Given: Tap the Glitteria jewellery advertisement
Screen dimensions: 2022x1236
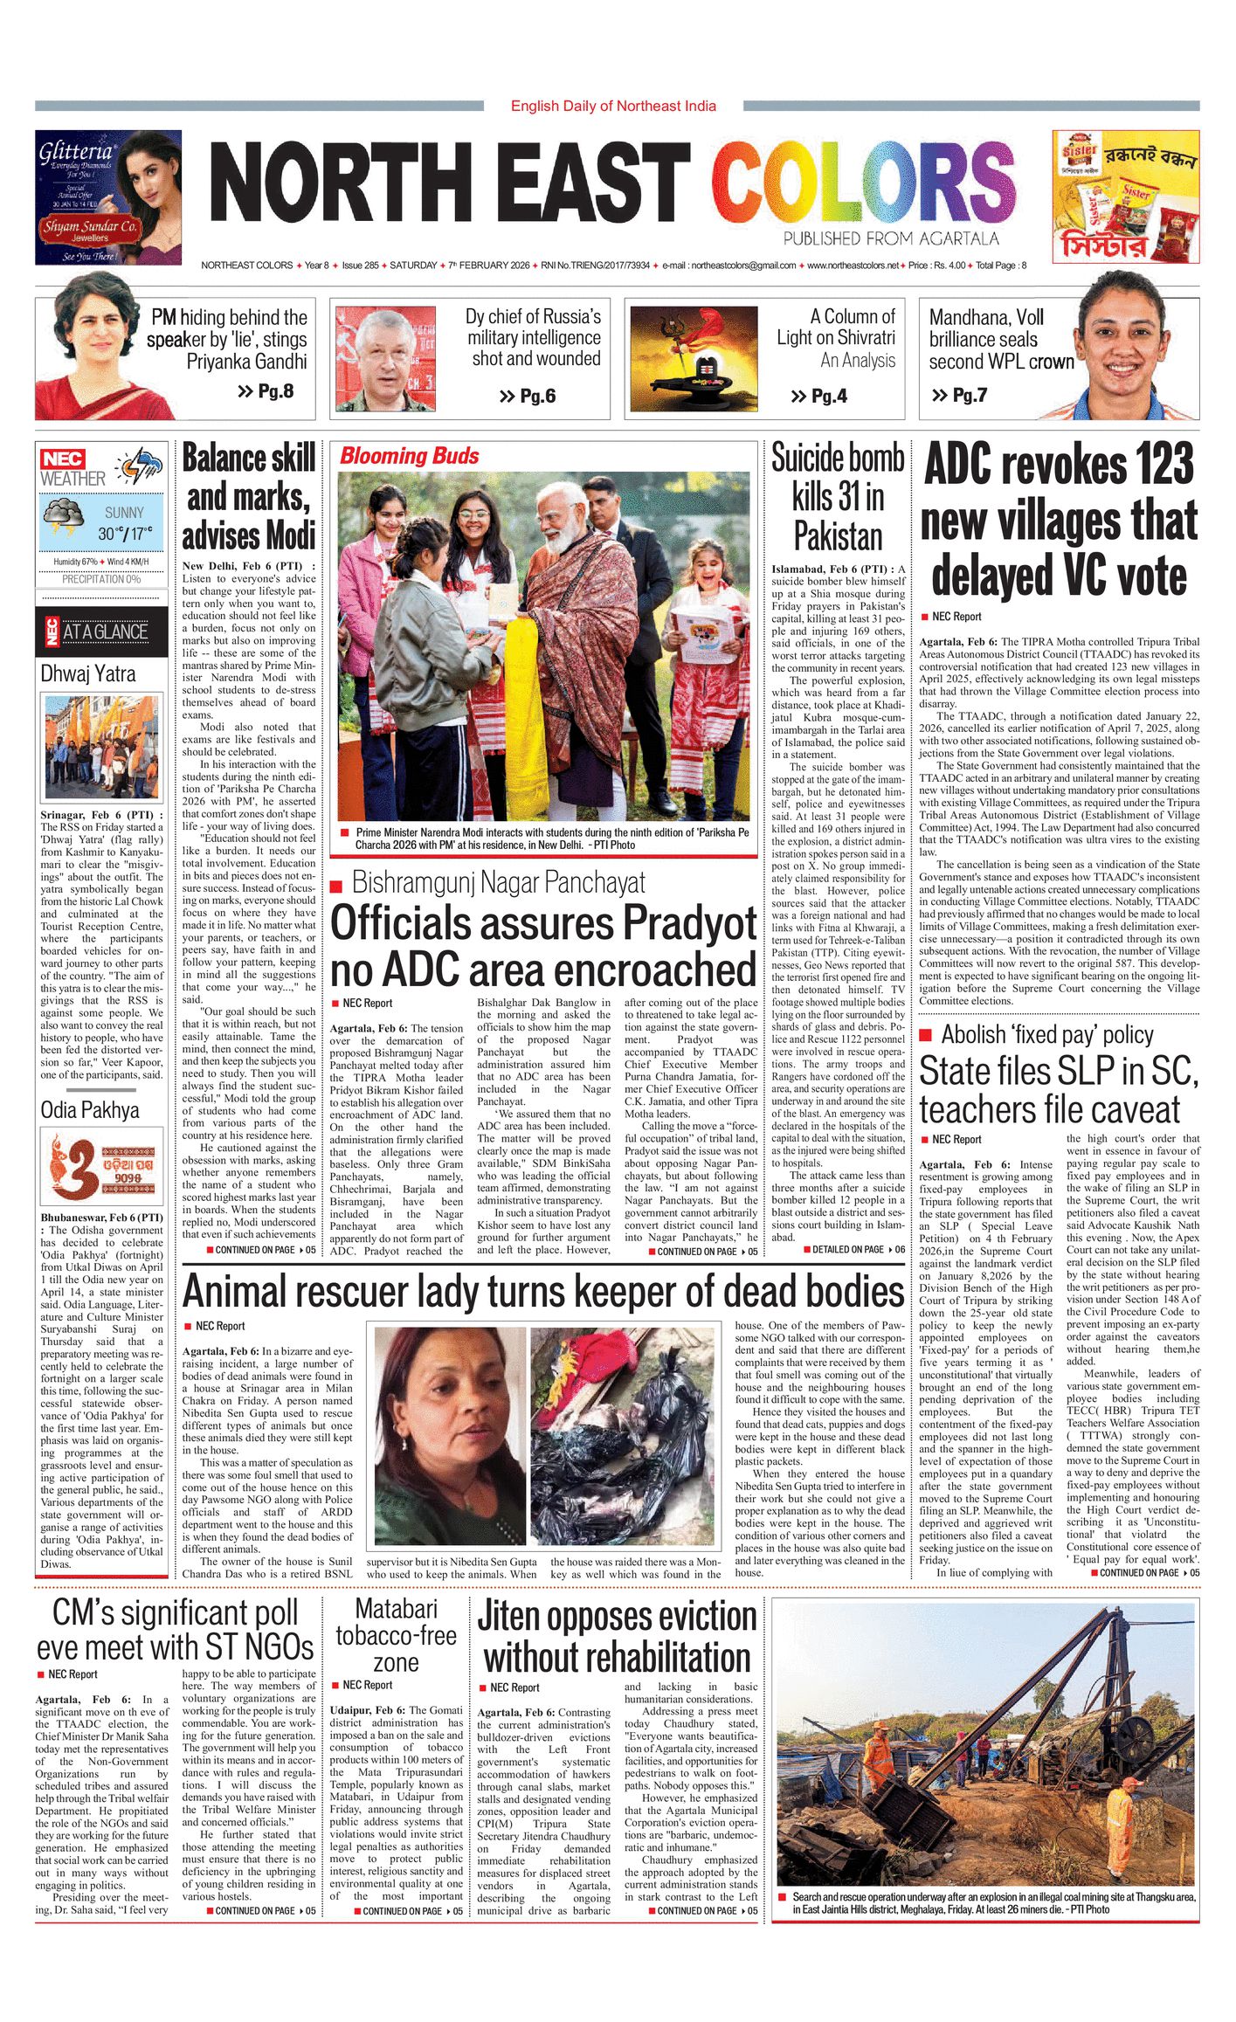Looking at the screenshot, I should tap(108, 197).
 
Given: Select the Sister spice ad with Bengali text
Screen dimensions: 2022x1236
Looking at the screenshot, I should tap(1125, 197).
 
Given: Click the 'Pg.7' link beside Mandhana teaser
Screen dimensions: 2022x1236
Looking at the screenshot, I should tap(960, 395).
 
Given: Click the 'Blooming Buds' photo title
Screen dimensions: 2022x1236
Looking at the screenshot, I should tap(409, 456).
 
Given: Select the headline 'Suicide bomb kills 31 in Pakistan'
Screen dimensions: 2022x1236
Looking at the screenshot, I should tap(838, 496).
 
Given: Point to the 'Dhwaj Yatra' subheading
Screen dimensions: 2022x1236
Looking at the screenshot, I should tap(88, 673).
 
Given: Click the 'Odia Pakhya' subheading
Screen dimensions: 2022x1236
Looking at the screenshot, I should tap(90, 1110).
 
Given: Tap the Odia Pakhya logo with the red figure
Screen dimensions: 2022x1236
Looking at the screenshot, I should tap(102, 1165).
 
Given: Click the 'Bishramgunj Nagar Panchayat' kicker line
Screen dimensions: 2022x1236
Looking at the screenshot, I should tap(498, 882).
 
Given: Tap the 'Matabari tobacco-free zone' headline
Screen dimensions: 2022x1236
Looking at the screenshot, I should tap(396, 1635).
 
